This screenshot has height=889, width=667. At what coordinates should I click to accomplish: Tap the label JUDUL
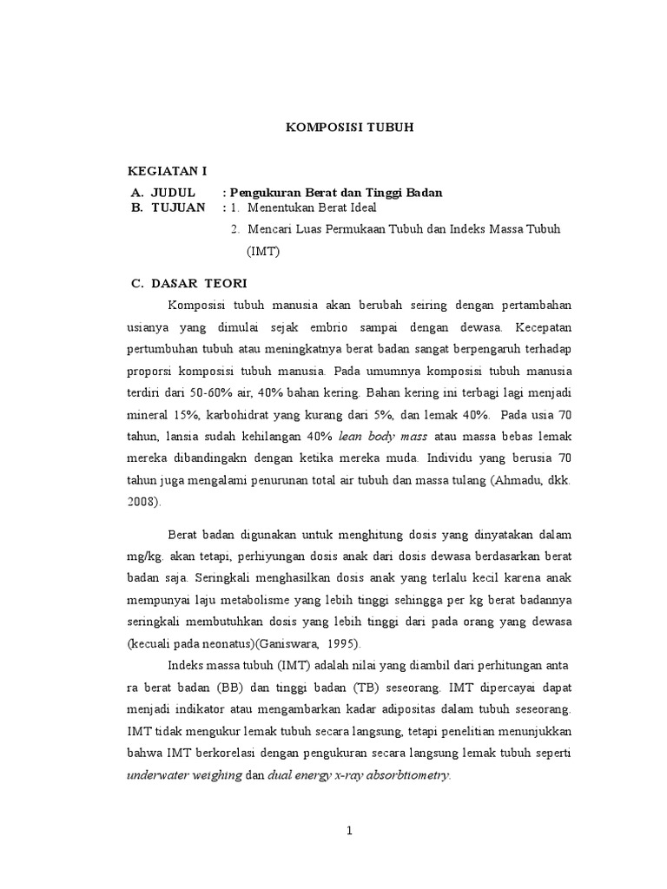[174, 192]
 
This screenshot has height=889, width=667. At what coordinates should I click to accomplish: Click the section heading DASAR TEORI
[199, 283]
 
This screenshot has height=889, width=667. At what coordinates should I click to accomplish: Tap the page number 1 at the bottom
[349, 831]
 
